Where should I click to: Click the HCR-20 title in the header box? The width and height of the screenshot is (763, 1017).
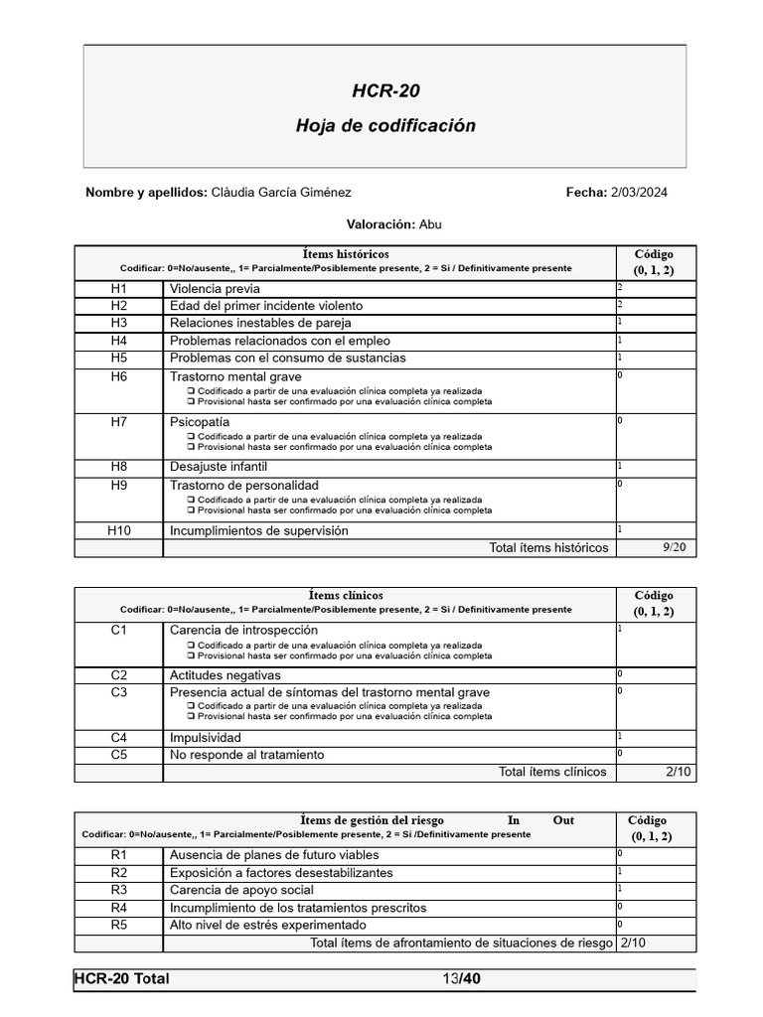click(385, 91)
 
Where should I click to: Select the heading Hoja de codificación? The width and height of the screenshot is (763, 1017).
click(385, 126)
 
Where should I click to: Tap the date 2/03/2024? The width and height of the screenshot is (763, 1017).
click(638, 193)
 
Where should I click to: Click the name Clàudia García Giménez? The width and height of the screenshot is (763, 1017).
click(281, 193)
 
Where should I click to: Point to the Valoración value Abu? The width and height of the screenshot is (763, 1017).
click(430, 224)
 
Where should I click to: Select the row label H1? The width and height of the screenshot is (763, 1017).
click(119, 288)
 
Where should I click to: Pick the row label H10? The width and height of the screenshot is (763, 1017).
click(119, 530)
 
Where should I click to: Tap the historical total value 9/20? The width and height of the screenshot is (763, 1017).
click(674, 547)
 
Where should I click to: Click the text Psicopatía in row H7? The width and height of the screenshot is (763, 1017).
click(200, 422)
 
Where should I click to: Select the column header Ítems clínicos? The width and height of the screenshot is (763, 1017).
click(346, 595)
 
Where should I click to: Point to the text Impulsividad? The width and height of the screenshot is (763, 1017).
click(206, 738)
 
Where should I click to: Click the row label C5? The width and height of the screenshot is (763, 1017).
click(119, 755)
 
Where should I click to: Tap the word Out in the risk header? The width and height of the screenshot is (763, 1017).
click(563, 820)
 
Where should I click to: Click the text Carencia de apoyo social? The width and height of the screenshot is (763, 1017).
click(241, 890)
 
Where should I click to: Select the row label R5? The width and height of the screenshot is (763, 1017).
click(119, 925)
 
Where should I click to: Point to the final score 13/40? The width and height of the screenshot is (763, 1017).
click(462, 979)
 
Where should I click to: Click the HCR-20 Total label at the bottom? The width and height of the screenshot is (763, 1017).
click(122, 979)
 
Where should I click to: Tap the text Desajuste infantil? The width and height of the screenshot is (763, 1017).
click(219, 467)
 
